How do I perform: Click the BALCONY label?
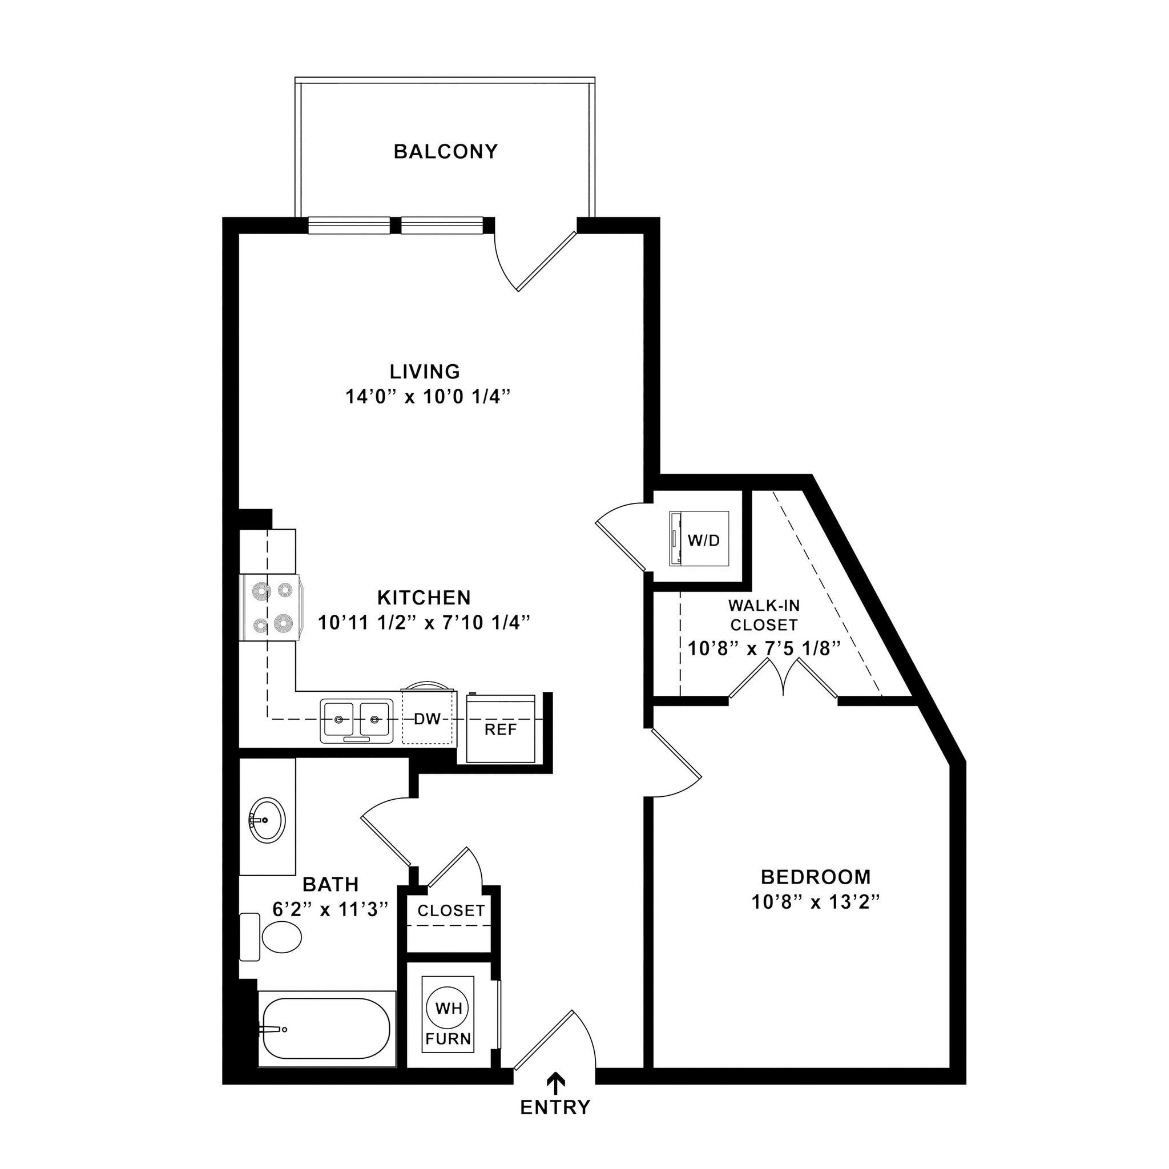[445, 151]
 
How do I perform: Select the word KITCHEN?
[424, 598]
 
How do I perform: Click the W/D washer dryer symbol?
[699, 539]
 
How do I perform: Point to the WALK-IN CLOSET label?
[764, 615]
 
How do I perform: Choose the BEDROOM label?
[815, 877]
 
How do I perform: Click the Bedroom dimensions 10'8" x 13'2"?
[815, 902]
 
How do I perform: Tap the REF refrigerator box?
[501, 729]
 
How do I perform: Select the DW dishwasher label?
[427, 719]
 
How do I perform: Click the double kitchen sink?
[356, 720]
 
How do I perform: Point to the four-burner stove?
[271, 607]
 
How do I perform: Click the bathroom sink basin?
[266, 820]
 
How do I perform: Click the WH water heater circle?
[448, 1008]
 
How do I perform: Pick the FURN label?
[448, 1039]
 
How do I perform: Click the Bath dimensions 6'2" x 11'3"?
[330, 909]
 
